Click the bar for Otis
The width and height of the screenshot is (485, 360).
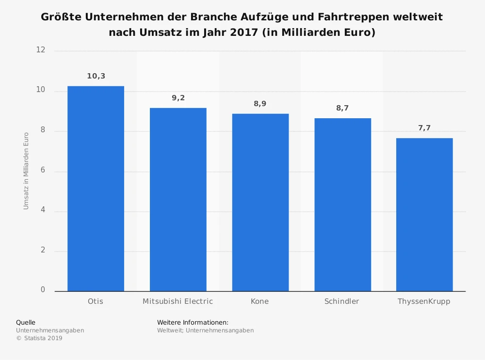pos(96,188)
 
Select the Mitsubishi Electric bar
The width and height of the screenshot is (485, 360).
pos(178,199)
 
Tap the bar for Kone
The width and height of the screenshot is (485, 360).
pos(260,202)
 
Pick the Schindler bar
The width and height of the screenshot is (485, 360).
pos(342,204)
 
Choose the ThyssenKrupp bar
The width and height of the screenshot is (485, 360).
pos(424,214)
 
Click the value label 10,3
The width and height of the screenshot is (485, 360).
pos(96,76)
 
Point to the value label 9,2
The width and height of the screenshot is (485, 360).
pos(178,98)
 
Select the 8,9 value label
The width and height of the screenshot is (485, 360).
pos(260,104)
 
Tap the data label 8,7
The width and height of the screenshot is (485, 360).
pos(342,108)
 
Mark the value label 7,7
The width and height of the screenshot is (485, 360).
pos(424,128)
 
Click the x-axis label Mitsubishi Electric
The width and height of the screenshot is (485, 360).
pos(178,301)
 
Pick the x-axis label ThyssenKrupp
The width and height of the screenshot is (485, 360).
pos(424,301)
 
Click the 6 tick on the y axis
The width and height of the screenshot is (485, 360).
pos(43,171)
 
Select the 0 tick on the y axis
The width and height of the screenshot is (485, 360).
pos(43,290)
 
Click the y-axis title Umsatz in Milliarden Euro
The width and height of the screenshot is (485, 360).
pos(26,171)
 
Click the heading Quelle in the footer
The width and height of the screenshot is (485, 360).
pos(26,322)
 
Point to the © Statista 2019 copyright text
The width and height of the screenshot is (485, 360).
pos(39,338)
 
